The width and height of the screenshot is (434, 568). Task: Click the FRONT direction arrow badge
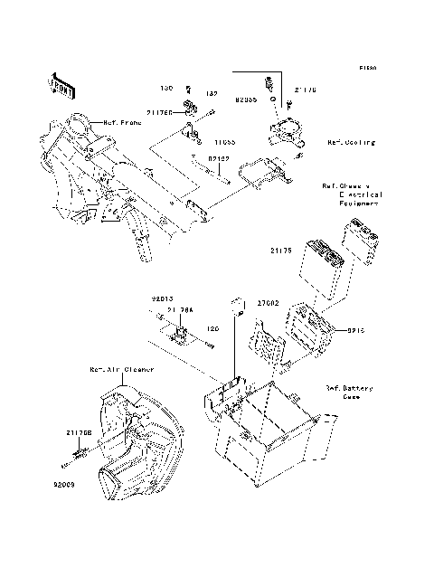click(x=61, y=85)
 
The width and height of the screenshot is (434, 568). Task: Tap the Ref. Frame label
click(x=122, y=122)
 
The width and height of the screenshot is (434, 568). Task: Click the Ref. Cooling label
click(x=350, y=142)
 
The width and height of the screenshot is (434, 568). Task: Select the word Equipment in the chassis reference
click(x=359, y=204)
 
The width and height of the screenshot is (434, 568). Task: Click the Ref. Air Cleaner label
click(x=121, y=370)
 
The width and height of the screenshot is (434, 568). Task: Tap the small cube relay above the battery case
click(x=240, y=303)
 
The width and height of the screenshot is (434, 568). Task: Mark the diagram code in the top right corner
click(x=366, y=68)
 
